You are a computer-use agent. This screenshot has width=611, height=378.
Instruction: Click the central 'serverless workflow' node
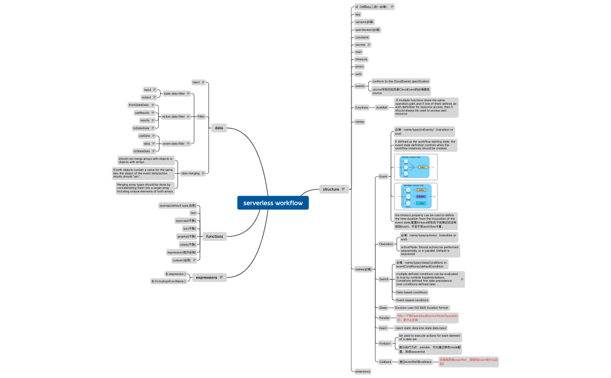click(x=273, y=203)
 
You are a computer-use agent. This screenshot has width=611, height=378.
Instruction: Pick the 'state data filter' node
click(x=174, y=94)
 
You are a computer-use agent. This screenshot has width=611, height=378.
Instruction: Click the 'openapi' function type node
click(x=177, y=205)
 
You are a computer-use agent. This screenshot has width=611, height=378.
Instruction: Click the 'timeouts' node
click(x=361, y=59)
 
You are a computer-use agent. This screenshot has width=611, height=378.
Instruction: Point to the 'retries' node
click(x=360, y=122)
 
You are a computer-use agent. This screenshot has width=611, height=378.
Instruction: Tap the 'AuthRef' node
click(x=382, y=108)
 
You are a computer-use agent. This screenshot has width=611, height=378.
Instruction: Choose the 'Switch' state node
click(x=383, y=279)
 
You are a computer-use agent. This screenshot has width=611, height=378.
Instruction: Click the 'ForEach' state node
click(x=385, y=344)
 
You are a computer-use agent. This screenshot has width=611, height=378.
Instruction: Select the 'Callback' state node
click(x=385, y=362)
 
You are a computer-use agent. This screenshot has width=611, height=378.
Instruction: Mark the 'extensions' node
click(x=363, y=371)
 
